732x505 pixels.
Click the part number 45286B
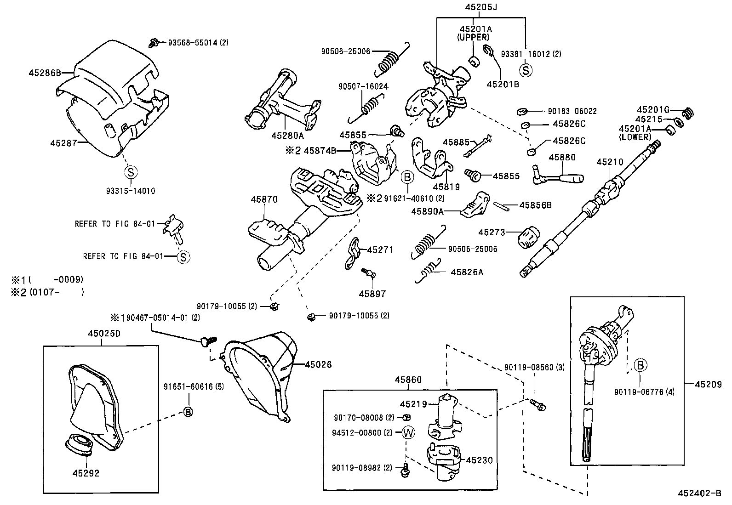[x=45, y=73]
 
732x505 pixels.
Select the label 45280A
[x=288, y=136]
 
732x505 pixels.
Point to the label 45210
[x=610, y=162]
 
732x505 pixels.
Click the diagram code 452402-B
[x=700, y=494]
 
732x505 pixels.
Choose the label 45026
[x=318, y=365]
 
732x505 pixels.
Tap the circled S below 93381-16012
[x=526, y=70]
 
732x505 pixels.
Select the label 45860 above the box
[x=408, y=380]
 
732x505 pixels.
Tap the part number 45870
[x=264, y=199]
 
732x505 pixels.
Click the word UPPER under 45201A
[x=473, y=37]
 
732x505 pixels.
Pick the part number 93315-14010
[x=131, y=191]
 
